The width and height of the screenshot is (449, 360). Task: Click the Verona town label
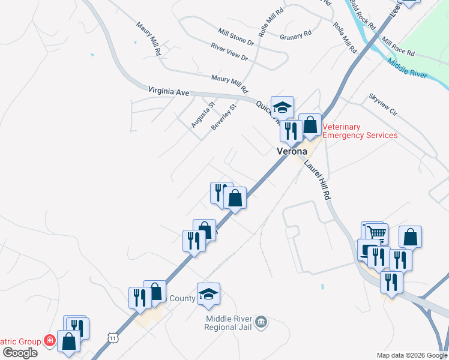[x=292, y=151]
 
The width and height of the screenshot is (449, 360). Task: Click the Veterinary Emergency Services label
[x=360, y=131]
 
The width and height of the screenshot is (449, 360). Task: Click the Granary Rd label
[x=295, y=36]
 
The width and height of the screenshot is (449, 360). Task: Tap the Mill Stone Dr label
[x=236, y=36]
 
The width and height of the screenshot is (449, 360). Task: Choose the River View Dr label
[x=229, y=52]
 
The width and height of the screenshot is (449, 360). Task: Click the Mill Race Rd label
[x=398, y=49]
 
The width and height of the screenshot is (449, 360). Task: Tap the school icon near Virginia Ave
[x=282, y=107]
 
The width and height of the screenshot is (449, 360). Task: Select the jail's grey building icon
[x=262, y=323]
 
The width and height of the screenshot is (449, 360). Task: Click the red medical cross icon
[x=49, y=341]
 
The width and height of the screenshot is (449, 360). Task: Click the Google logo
[x=20, y=352]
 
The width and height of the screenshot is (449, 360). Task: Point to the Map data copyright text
[x=412, y=355]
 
